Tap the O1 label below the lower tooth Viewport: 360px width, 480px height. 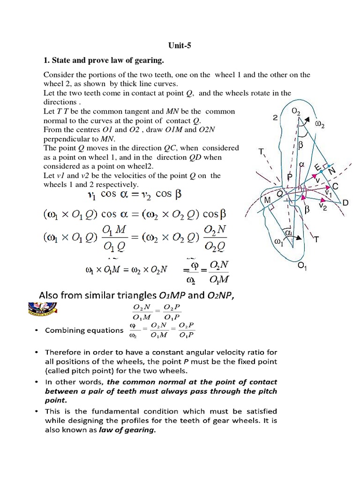click(302, 267)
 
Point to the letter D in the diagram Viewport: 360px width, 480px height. click(345, 203)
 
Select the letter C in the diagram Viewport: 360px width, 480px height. click(336, 186)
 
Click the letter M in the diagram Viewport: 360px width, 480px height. click(268, 201)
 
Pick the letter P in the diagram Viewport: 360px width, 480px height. click(290, 177)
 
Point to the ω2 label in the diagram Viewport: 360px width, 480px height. click(320, 125)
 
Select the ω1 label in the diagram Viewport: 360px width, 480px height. click(278, 241)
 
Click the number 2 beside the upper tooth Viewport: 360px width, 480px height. click(274, 118)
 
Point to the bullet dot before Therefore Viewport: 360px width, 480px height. click(37, 352)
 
